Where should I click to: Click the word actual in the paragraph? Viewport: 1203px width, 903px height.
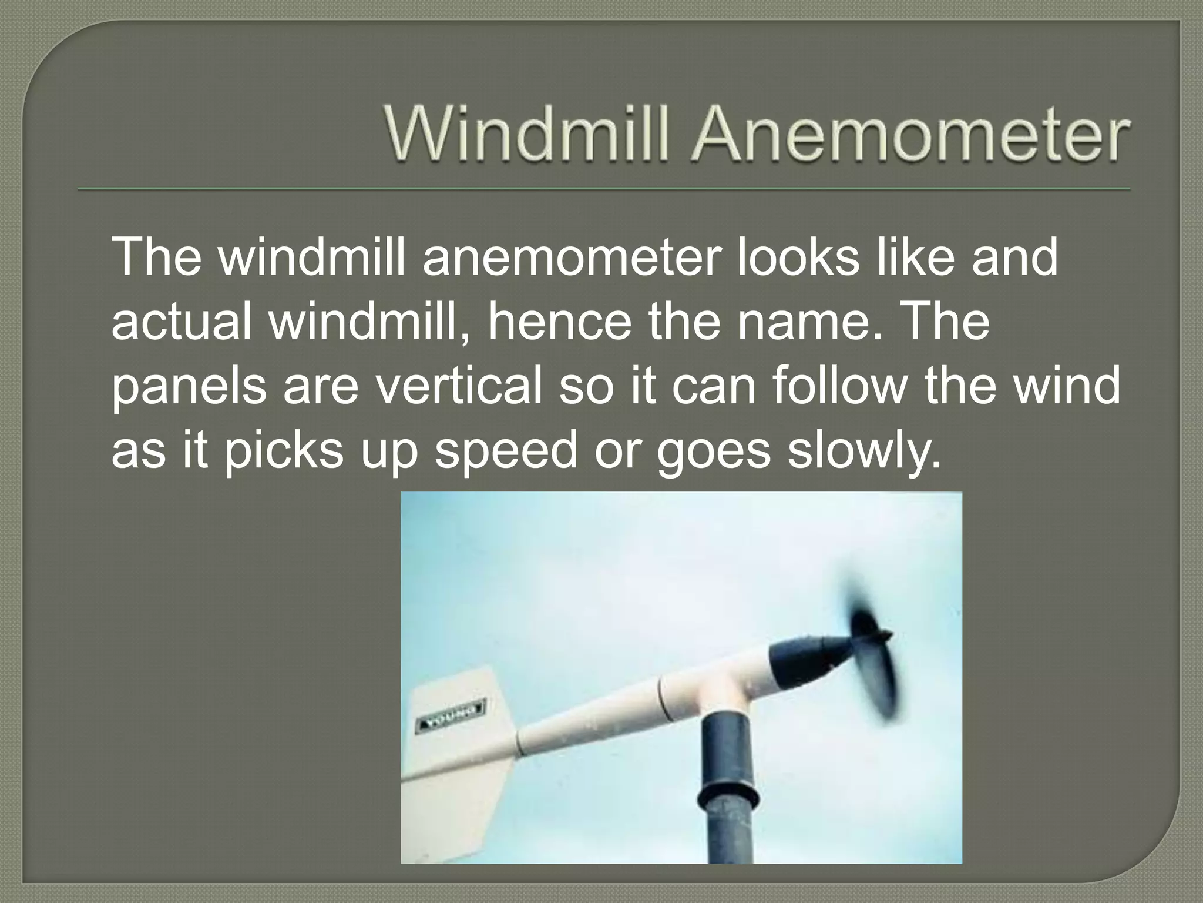tap(183, 323)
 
